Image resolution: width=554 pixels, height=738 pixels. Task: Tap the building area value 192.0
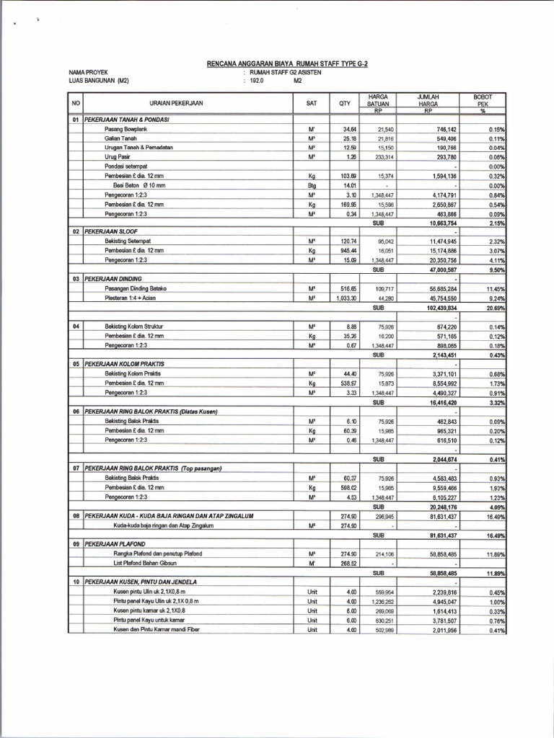pyautogui.click(x=258, y=81)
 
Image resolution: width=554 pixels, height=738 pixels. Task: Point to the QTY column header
pyautogui.click(x=344, y=103)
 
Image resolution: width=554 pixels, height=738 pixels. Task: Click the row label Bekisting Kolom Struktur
pyautogui.click(x=133, y=326)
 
